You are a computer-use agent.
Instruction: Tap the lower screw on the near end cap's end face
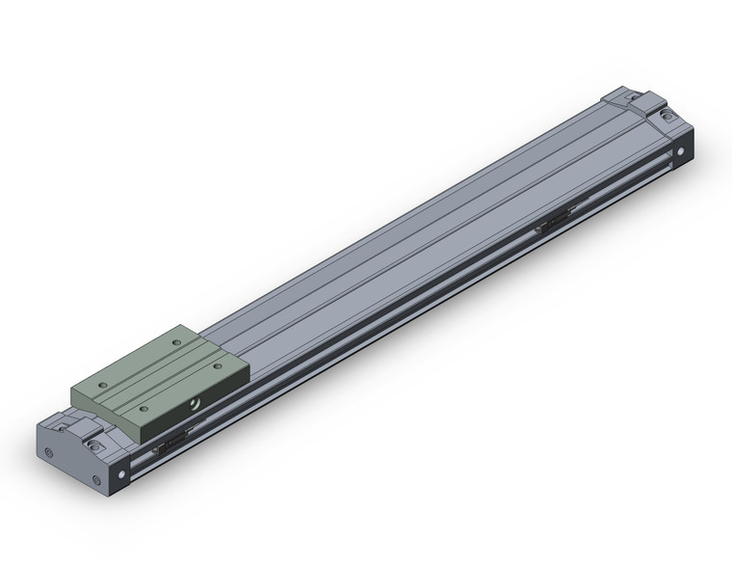pos(94,481)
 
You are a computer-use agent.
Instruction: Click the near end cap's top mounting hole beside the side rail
pos(94,445)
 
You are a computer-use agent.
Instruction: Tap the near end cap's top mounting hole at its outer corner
pos(53,423)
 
